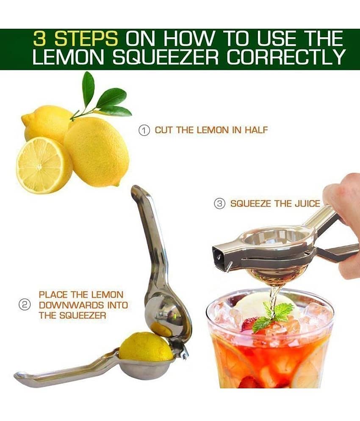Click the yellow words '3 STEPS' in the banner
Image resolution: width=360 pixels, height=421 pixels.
[75, 39]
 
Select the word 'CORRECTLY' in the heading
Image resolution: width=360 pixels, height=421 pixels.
[285, 57]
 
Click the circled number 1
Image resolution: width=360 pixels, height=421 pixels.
[144, 130]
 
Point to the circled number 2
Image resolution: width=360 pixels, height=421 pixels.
[24, 305]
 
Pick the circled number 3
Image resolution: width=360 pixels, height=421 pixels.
[219, 204]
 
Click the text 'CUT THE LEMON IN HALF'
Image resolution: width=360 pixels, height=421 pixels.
[211, 130]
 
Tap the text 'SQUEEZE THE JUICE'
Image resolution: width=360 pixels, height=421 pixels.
[275, 204]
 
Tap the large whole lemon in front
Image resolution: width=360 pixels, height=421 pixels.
[96, 152]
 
